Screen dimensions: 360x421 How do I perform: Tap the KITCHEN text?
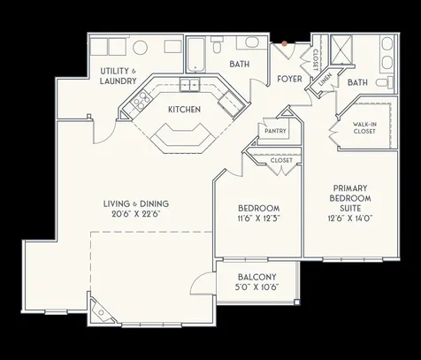(x=184, y=110)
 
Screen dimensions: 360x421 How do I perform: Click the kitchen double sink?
(x=188, y=85)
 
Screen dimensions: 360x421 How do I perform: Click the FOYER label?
(x=289, y=78)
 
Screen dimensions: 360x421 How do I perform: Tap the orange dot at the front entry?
(x=284, y=42)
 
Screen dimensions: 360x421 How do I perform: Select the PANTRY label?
(x=272, y=130)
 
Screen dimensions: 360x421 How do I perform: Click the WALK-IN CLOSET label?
(x=364, y=128)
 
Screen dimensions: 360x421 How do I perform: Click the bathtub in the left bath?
(x=195, y=55)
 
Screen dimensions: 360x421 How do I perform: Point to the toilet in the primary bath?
(x=382, y=82)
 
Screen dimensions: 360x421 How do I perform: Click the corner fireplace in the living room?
(x=105, y=311)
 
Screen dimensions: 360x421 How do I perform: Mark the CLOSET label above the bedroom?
(x=281, y=160)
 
